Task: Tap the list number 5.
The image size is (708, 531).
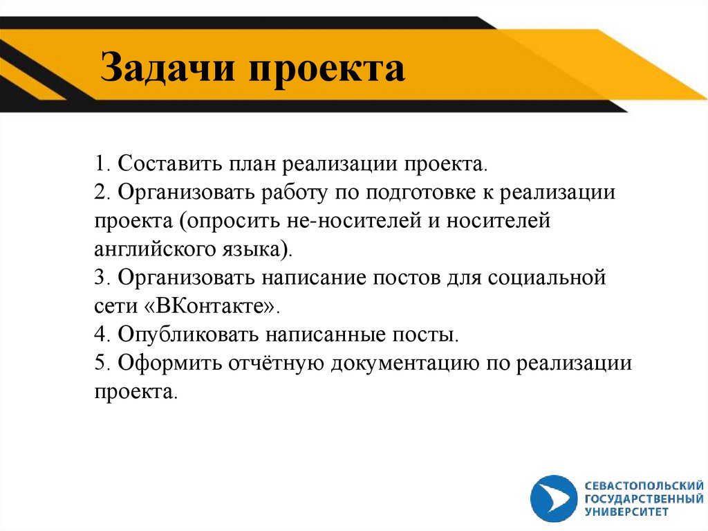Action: click(101, 362)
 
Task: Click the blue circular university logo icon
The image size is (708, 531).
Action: click(554, 497)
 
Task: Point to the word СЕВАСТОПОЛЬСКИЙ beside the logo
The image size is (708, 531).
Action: click(644, 485)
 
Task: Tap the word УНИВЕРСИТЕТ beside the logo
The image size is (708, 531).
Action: click(627, 512)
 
